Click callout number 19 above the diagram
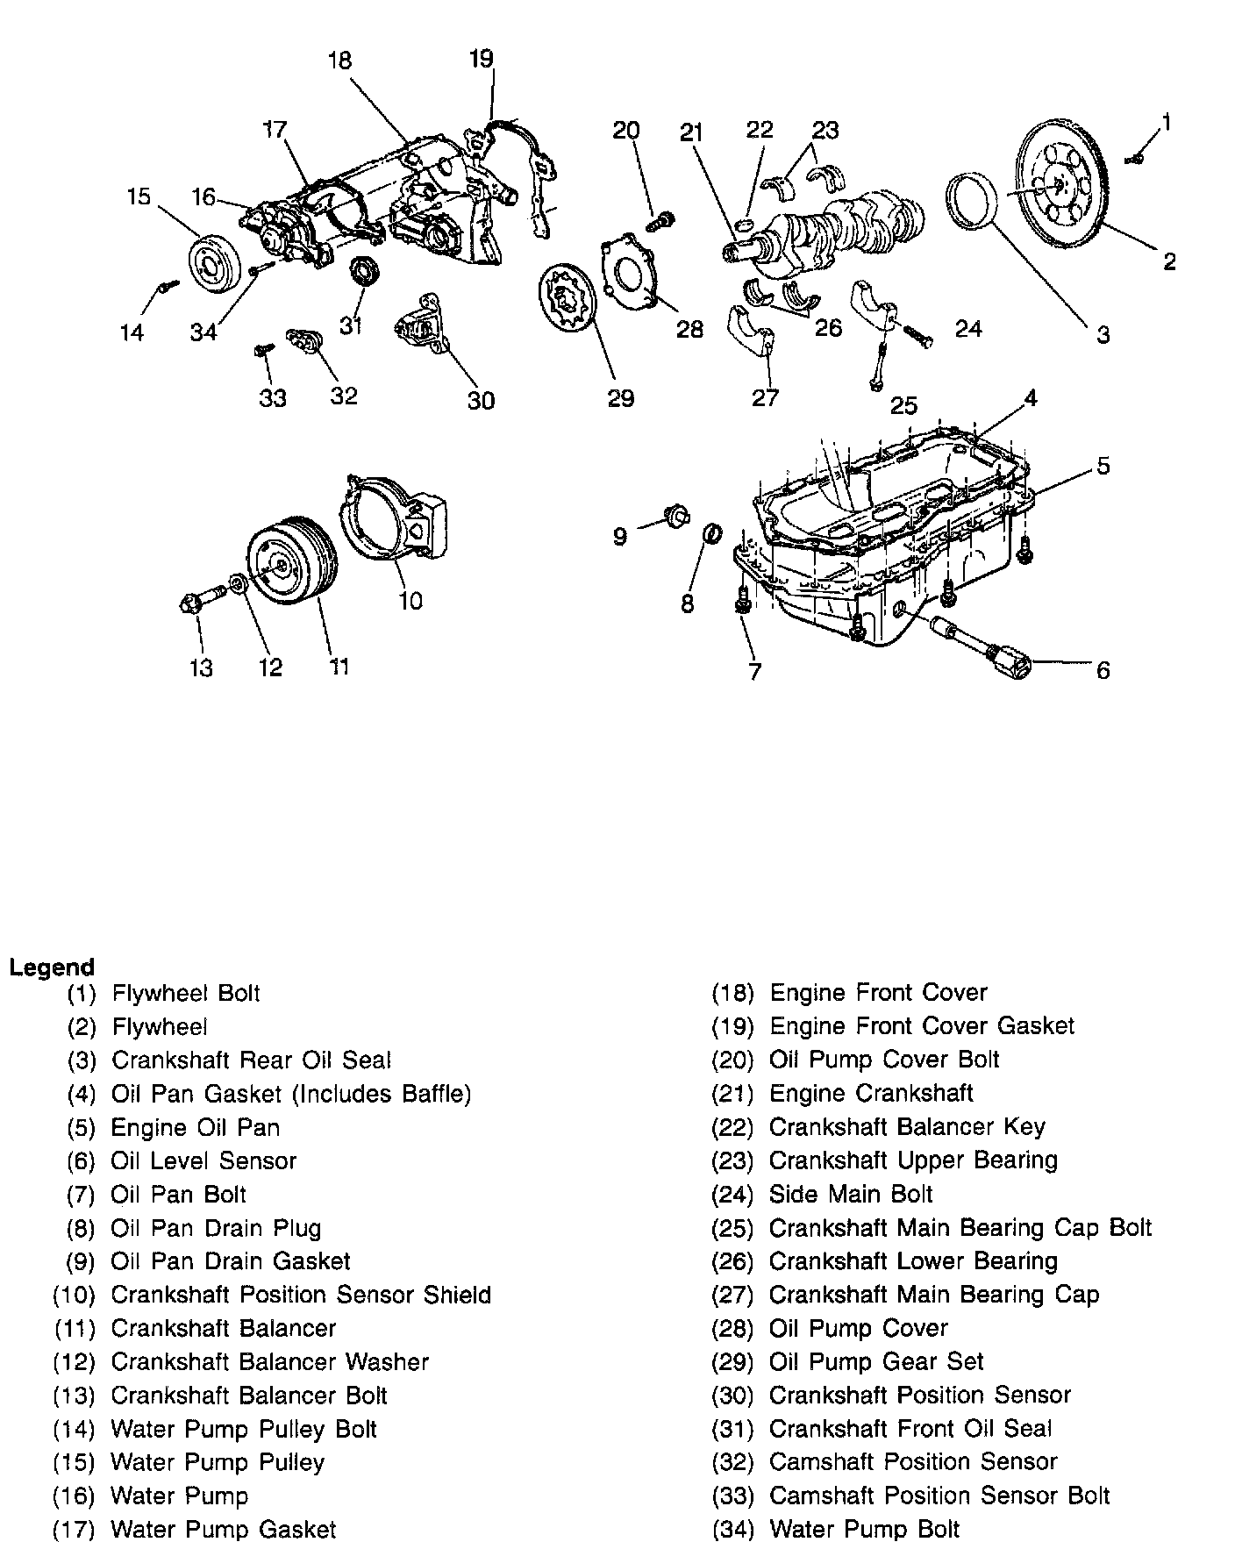pos(482,59)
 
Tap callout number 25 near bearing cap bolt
pos(903,404)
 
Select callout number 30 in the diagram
pos(481,400)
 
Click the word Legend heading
pos(52,967)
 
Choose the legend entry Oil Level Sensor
pos(203,1160)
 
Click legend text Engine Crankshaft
pos(870,1093)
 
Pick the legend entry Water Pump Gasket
pos(223,1529)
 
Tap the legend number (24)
pos(732,1194)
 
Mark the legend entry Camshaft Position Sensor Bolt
pos(939,1495)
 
